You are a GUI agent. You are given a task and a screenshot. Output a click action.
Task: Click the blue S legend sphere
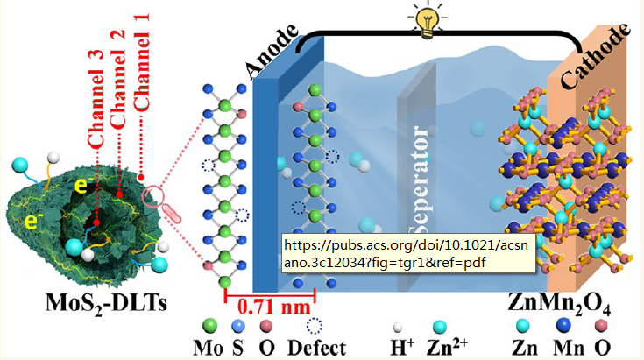[238, 326]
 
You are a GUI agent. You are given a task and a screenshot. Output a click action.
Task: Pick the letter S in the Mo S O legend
[237, 347]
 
